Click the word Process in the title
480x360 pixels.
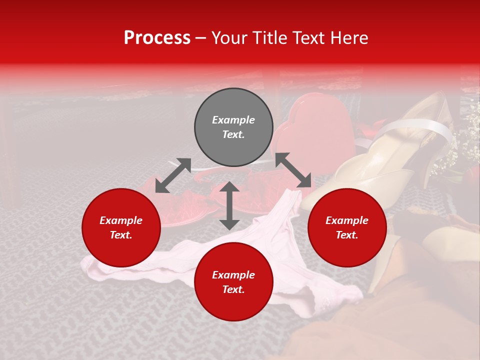[x=157, y=38]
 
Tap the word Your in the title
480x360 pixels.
[x=228, y=38]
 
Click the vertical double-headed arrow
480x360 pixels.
[x=229, y=205]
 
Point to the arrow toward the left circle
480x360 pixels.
[x=173, y=175]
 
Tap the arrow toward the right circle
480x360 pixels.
[x=293, y=170]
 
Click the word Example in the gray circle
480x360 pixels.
[x=233, y=120]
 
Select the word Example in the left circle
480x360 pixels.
[x=121, y=220]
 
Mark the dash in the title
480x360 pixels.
[x=201, y=38]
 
